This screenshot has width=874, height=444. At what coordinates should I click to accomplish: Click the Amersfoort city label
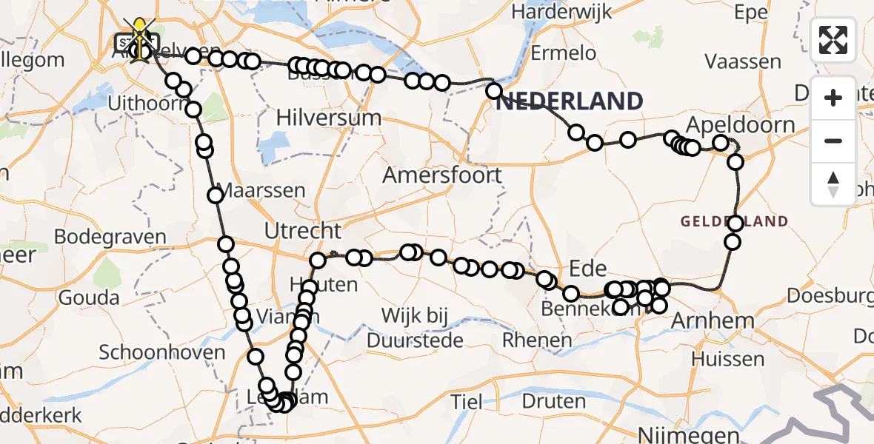click(x=442, y=175)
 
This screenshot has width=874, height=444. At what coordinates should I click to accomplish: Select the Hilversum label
click(x=328, y=118)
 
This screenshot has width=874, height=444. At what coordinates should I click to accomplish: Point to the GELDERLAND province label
click(x=734, y=221)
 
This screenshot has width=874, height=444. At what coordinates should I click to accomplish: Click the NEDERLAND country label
click(x=569, y=101)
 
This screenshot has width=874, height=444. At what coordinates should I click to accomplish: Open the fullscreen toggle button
click(x=833, y=40)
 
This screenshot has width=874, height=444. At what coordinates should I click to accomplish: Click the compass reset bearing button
click(x=833, y=184)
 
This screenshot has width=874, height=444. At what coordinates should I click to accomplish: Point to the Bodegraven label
click(x=110, y=237)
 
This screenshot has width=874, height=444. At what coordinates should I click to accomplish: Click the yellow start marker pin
click(x=139, y=33)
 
